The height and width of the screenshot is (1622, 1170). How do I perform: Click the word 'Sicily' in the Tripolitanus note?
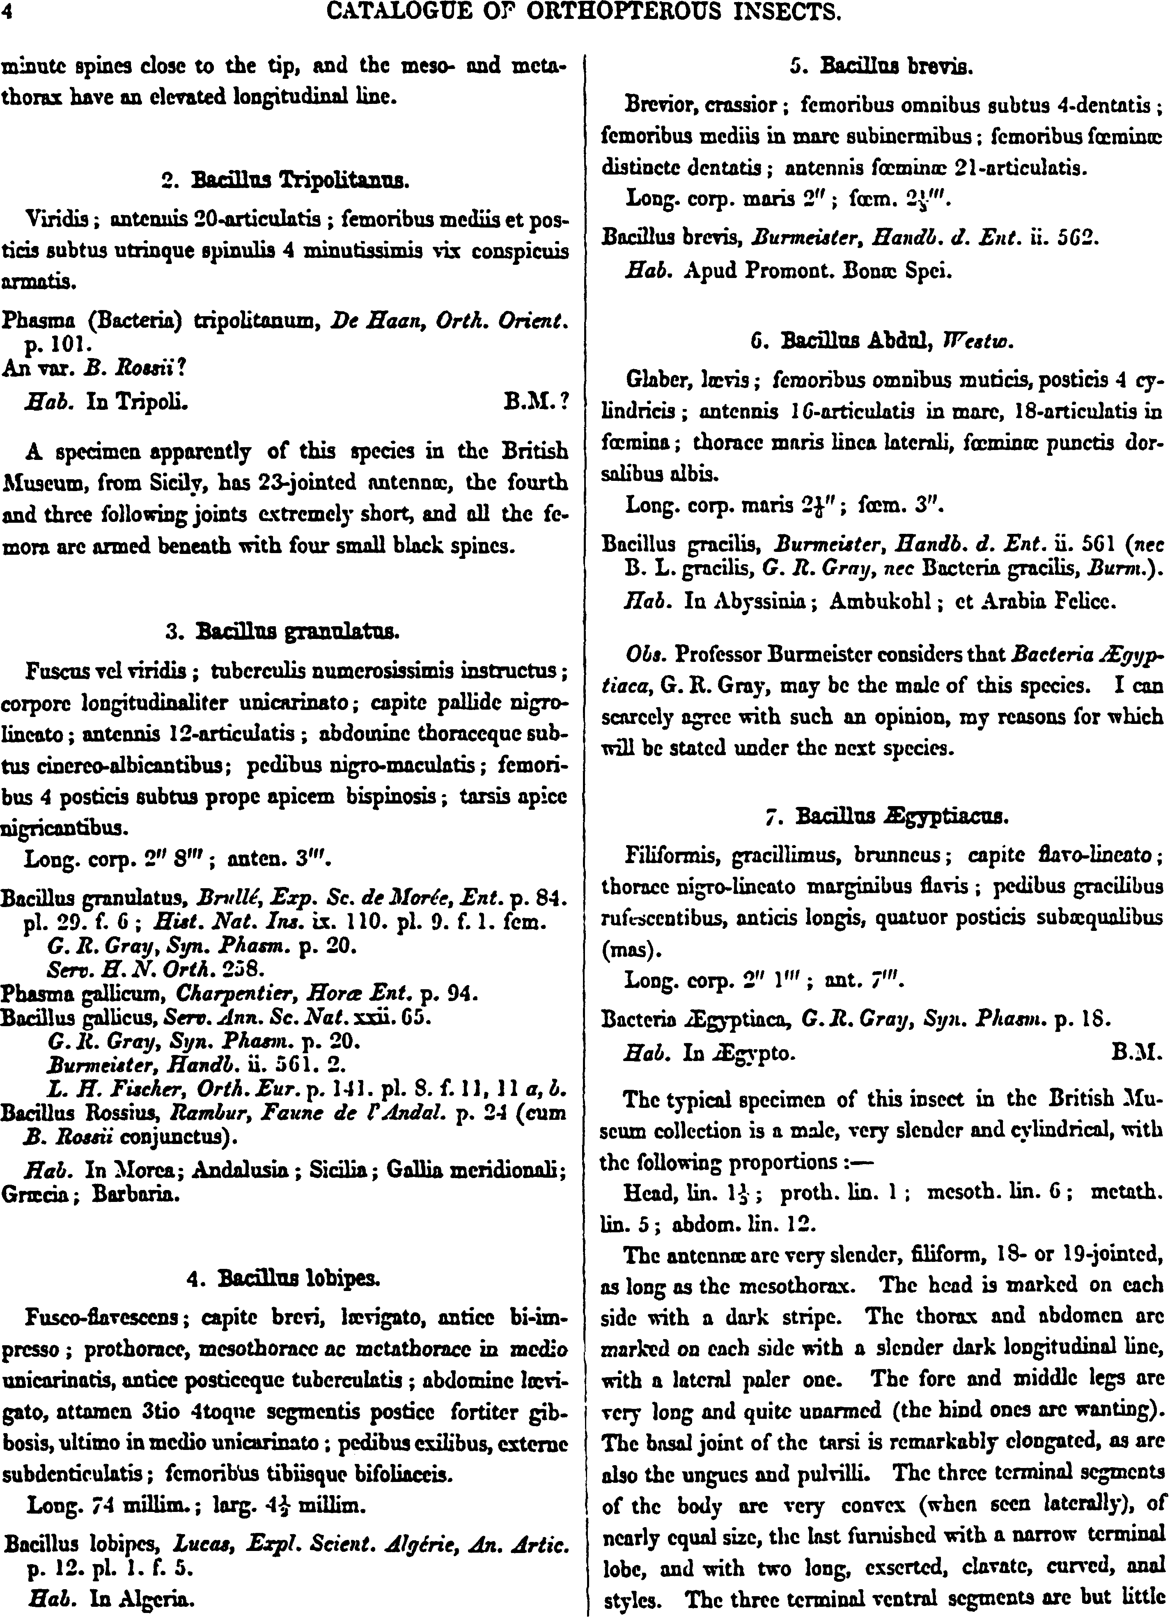tap(172, 483)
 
